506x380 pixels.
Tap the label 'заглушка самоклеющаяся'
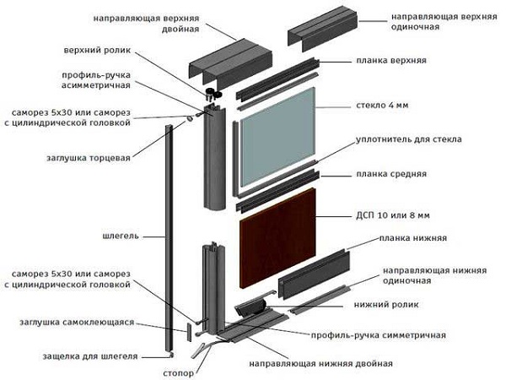[77, 323]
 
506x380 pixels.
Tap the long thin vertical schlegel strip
[169, 236]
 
